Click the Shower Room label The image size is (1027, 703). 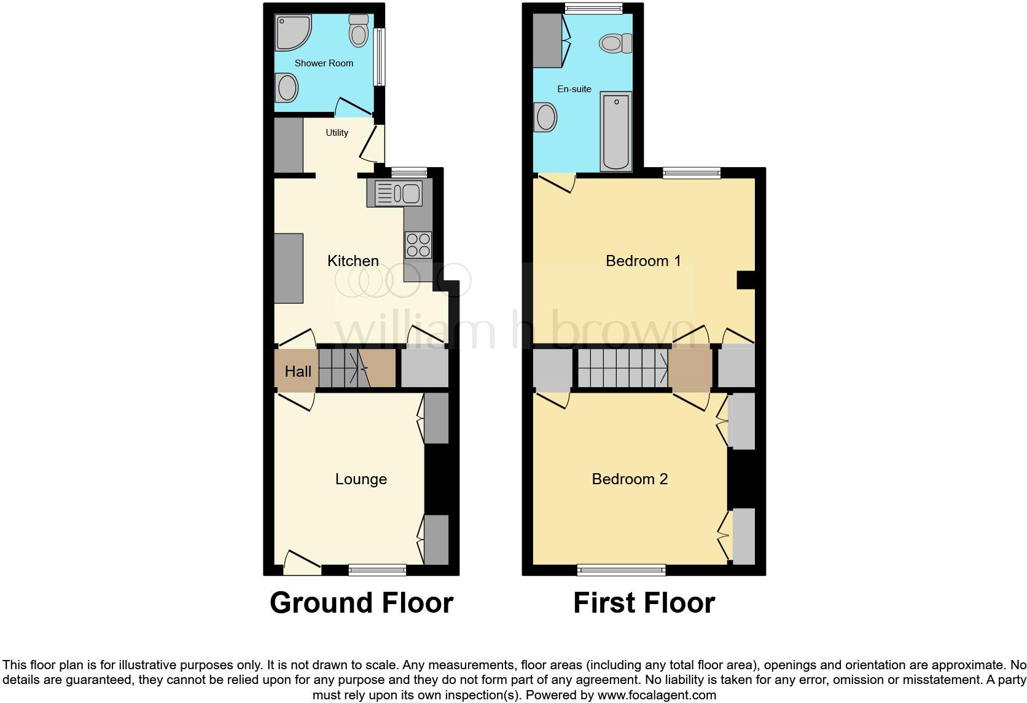(324, 63)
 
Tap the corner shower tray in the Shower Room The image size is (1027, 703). (291, 32)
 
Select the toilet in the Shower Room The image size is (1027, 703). (358, 30)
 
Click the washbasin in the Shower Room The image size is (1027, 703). (286, 87)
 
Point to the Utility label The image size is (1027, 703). (337, 133)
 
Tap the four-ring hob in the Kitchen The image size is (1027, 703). (418, 245)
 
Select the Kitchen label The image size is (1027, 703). (353, 261)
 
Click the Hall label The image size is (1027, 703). (298, 372)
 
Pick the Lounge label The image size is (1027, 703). (361, 479)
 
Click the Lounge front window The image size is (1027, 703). (377, 570)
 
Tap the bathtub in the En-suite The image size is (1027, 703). (616, 132)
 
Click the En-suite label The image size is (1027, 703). (574, 89)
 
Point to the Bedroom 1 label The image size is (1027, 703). (643, 261)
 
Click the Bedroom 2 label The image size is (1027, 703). (630, 479)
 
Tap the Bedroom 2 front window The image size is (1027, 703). (621, 570)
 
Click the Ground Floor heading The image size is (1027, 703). (361, 603)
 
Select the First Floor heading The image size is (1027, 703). (644, 603)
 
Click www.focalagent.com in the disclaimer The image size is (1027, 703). (656, 696)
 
